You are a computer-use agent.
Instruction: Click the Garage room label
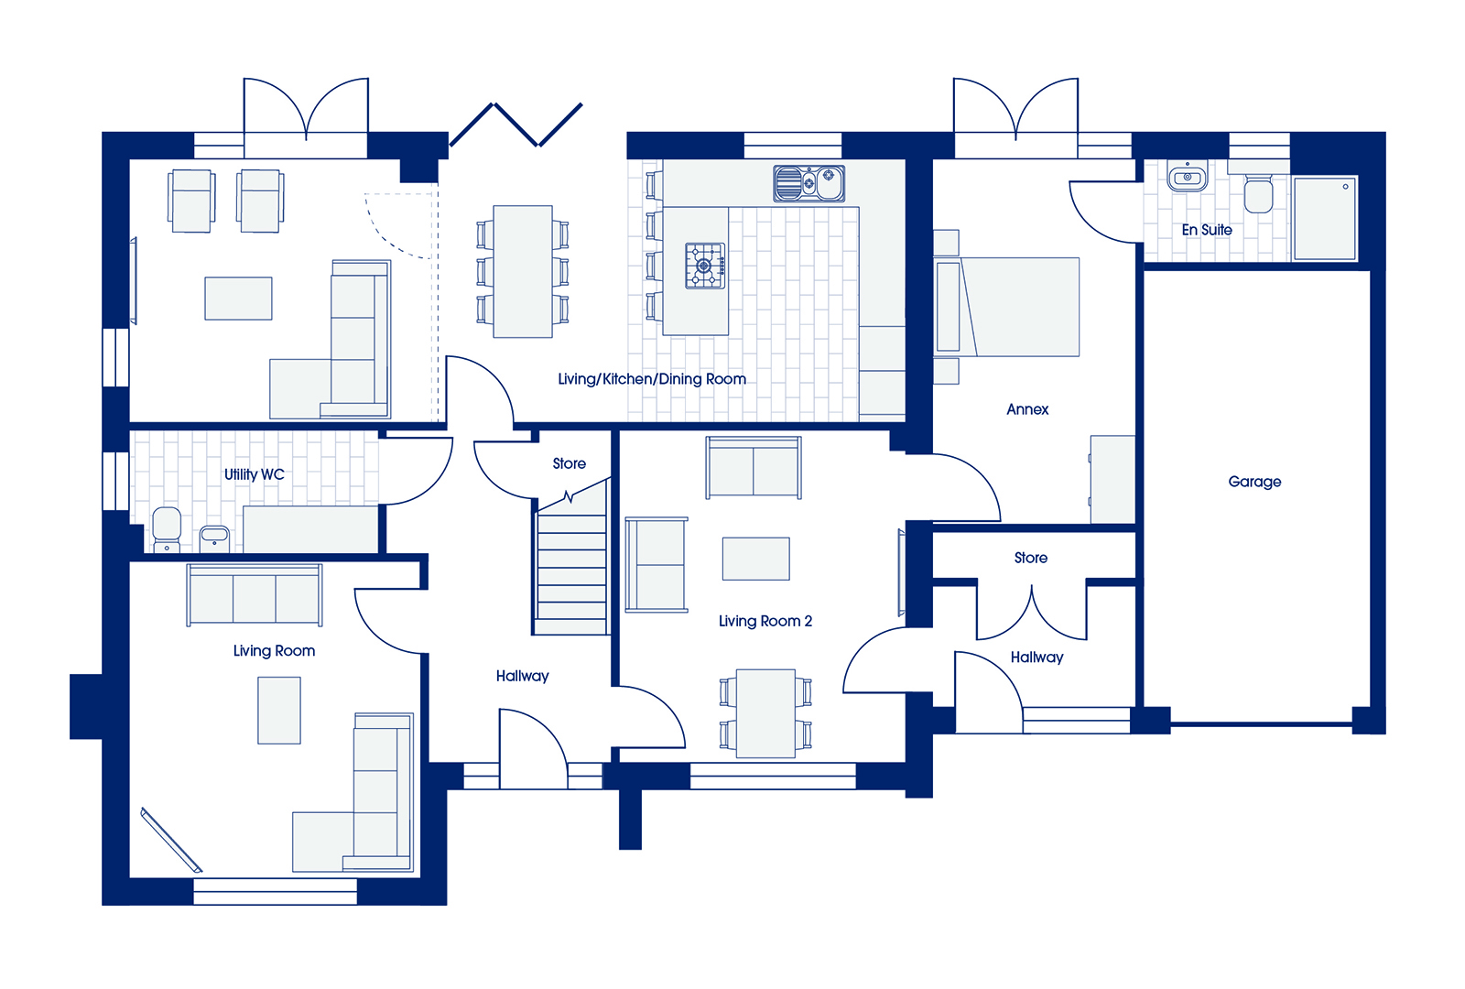(1253, 482)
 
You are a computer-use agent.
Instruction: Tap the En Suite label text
(1207, 230)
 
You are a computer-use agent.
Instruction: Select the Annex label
(1026, 408)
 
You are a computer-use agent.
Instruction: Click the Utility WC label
(254, 474)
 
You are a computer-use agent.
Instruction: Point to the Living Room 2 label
(765, 621)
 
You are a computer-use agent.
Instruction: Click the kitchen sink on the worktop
(809, 183)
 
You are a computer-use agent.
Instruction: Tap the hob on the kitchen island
(705, 266)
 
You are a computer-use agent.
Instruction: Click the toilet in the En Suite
(1258, 192)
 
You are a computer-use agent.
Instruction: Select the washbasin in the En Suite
(1187, 177)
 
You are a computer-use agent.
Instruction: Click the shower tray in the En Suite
(1325, 218)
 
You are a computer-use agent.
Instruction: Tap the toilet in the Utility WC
(166, 529)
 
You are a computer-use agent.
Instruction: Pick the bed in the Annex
(1006, 307)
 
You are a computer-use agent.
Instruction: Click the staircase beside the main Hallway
(571, 557)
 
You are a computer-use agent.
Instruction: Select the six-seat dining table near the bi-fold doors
(523, 271)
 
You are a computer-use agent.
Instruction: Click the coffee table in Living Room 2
(755, 559)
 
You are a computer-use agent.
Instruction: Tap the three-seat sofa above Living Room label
(255, 595)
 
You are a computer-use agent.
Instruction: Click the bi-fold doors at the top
(515, 125)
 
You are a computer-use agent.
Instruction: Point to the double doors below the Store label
(1031, 613)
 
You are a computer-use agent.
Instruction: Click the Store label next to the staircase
(569, 463)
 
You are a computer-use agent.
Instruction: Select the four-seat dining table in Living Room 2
(765, 713)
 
